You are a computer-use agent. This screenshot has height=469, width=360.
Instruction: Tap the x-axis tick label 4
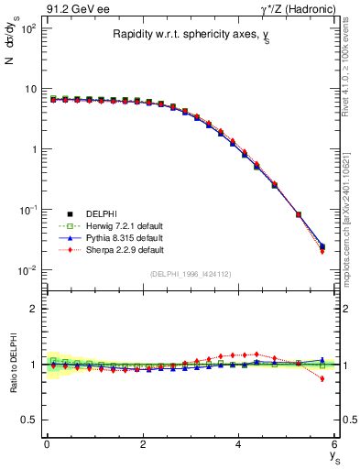coord(238,444)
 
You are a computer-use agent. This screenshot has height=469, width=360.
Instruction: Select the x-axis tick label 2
coord(142,444)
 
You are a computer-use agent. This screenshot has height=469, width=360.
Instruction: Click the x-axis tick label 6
coord(334,444)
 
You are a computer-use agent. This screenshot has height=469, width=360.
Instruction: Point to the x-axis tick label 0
coord(47,444)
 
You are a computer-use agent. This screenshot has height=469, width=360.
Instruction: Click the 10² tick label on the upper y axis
coord(27,29)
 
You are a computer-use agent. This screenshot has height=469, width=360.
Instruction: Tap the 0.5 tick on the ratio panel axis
coord(29,420)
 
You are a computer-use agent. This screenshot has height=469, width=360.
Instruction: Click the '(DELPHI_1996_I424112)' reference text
coord(191,274)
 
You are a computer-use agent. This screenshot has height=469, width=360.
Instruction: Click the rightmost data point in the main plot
coord(322,246)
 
